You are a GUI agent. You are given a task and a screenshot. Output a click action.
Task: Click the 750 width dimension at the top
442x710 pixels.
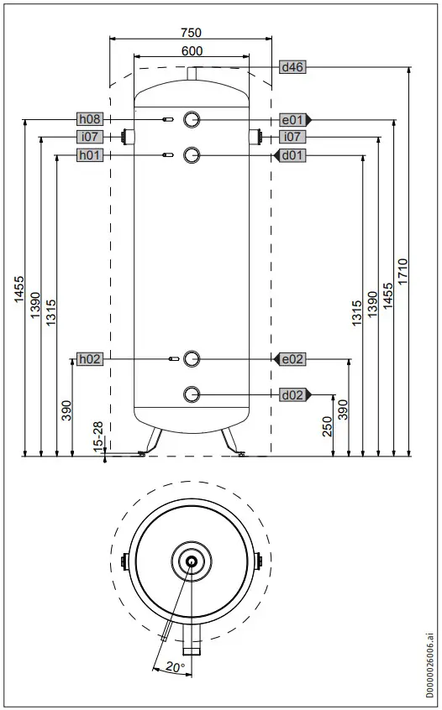coord(192,32)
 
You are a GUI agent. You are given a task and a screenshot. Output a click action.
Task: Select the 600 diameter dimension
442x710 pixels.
coord(192,51)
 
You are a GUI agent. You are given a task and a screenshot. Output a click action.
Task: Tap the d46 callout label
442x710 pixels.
coord(292,68)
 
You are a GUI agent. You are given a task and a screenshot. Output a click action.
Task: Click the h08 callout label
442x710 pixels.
coord(89,118)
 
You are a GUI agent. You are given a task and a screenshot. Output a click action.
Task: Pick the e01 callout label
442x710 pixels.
coord(292,119)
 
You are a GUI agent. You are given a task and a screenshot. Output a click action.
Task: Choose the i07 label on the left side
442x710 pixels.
coord(89,136)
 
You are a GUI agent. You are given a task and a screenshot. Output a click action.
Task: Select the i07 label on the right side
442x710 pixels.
coord(292,136)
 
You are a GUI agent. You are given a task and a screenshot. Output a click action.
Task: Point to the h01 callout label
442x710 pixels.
coord(89,154)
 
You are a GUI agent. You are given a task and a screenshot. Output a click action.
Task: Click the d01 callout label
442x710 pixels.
coord(292,155)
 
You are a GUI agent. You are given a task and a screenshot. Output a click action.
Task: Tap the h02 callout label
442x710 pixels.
coord(89,359)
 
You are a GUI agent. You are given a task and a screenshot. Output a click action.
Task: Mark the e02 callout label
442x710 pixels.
coord(292,359)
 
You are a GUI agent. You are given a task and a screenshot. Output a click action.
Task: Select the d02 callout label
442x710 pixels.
coord(292,394)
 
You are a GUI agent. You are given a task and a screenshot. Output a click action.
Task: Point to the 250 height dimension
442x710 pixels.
coord(328,425)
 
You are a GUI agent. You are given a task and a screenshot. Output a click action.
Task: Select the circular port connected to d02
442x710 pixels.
coord(192,394)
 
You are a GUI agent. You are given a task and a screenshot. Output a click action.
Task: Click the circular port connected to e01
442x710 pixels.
coord(192,119)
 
